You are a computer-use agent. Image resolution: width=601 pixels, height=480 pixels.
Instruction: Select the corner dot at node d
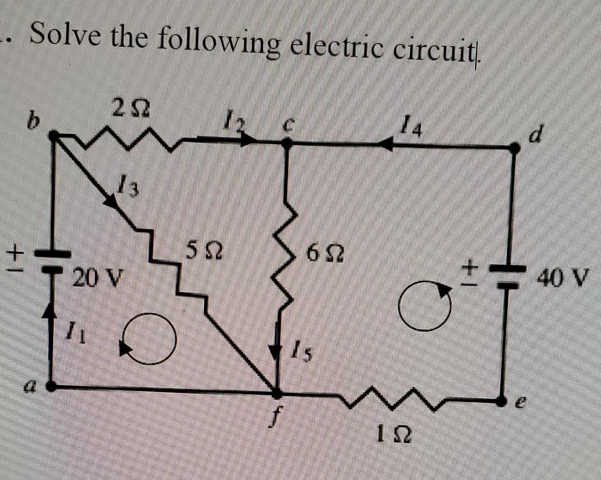click(515, 148)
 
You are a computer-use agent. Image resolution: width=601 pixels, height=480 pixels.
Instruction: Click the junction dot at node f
click(276, 393)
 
